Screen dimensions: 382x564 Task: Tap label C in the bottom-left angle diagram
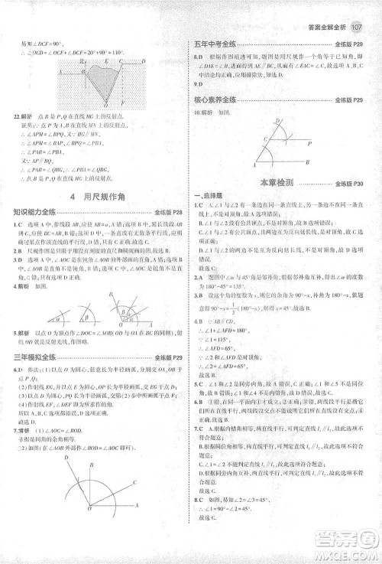click(134, 482)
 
